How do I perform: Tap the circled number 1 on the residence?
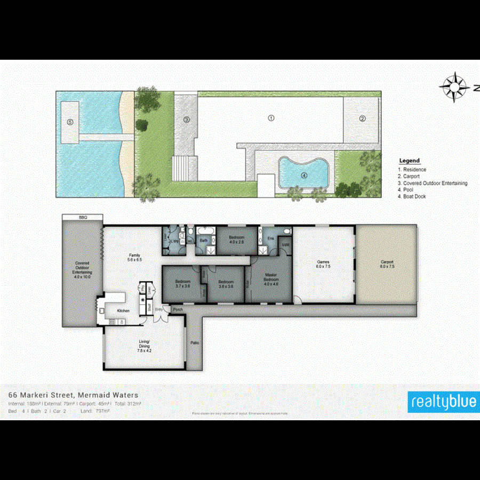pyautogui.click(x=270, y=118)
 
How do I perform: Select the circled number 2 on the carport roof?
pyautogui.click(x=362, y=118)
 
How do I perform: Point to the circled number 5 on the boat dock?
pyautogui.click(x=70, y=122)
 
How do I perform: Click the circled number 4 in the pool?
pyautogui.click(x=304, y=174)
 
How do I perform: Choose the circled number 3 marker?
pyautogui.click(x=187, y=119)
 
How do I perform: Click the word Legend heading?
pyautogui.click(x=409, y=161)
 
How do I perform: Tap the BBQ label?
pyautogui.click(x=82, y=218)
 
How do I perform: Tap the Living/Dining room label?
pyautogui.click(x=145, y=348)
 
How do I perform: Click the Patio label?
pyautogui.click(x=195, y=342)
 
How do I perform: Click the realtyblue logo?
pyautogui.click(x=442, y=402)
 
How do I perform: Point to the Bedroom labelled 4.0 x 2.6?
pyautogui.click(x=236, y=239)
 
